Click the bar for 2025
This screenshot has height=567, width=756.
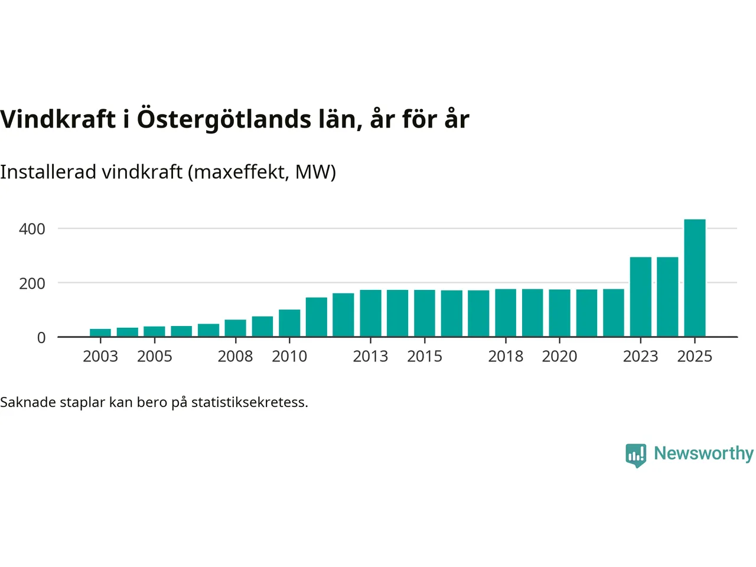(x=695, y=278)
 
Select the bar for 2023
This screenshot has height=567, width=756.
(x=640, y=297)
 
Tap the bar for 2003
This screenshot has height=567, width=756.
(x=100, y=333)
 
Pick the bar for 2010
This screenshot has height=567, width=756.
(x=289, y=323)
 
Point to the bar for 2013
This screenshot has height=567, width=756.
(x=370, y=313)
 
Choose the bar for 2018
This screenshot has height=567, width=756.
(x=506, y=313)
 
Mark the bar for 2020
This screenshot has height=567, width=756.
(x=559, y=313)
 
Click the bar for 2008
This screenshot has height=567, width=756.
(x=235, y=328)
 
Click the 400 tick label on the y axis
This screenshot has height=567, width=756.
(x=32, y=229)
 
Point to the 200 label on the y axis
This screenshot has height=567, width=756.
(x=32, y=283)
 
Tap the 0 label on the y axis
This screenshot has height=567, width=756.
(x=41, y=338)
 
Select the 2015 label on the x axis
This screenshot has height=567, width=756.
(x=425, y=357)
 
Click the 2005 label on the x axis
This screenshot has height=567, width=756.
(x=154, y=357)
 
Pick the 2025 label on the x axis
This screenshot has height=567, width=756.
(x=695, y=357)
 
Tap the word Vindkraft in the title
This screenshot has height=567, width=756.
(x=58, y=120)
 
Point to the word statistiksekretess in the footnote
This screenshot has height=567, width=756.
(x=249, y=403)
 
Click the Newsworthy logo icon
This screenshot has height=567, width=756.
(x=636, y=455)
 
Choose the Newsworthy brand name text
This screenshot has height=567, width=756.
(x=703, y=454)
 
